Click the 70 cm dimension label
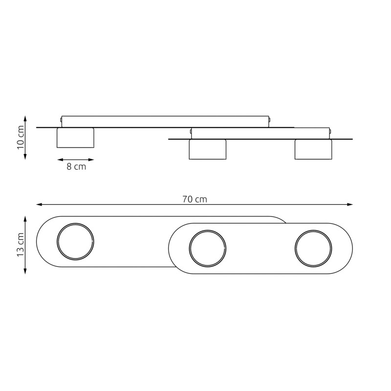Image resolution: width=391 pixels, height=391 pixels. [x=195, y=199]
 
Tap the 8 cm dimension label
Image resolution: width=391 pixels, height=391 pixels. [x=76, y=167]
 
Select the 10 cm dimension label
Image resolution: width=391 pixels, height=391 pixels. [x=21, y=137]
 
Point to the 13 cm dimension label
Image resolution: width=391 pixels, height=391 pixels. [x=21, y=245]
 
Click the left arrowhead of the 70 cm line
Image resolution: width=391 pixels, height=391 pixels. [x=39, y=204]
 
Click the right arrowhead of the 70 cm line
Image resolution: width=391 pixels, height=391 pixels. [x=350, y=204]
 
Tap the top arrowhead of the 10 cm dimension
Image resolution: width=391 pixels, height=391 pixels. [x=25, y=118]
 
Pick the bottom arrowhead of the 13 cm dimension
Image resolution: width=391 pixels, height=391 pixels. [x=25, y=271]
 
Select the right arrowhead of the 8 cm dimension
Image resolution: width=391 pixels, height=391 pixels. [x=91, y=160]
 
